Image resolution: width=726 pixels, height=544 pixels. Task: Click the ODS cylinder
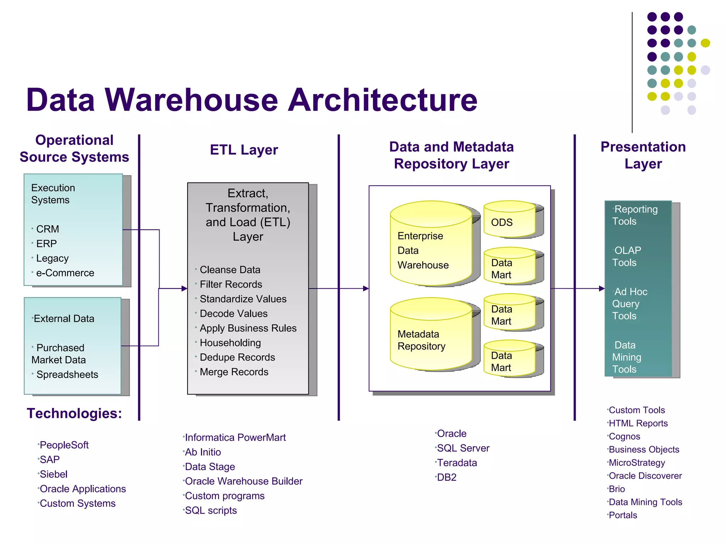pyautogui.click(x=509, y=220)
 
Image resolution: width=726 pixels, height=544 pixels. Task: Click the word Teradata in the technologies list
pyautogui.click(x=457, y=463)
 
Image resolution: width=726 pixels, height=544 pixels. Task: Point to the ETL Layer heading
pyautogui.click(x=244, y=150)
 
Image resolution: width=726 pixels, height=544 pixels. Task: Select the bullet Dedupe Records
pyautogui.click(x=237, y=357)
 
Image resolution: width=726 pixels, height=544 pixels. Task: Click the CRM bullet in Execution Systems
pyautogui.click(x=48, y=229)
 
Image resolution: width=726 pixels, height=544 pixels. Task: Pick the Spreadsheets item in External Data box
pyautogui.click(x=67, y=374)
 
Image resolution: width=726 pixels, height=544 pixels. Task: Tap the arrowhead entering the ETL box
pyautogui.click(x=184, y=289)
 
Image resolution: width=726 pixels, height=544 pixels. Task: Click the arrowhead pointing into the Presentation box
pyautogui.click(x=602, y=289)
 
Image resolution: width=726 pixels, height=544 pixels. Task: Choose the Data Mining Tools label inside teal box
pyautogui.click(x=627, y=357)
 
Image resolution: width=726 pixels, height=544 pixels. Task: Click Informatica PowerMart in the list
pyautogui.click(x=235, y=437)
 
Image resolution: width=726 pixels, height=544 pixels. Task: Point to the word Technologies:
pyautogui.click(x=74, y=413)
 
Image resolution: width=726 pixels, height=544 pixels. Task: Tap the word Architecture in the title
pyautogui.click(x=383, y=100)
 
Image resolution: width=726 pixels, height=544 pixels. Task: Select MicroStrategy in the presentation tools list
pyautogui.click(x=637, y=463)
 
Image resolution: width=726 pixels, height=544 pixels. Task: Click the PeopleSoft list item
pyautogui.click(x=64, y=445)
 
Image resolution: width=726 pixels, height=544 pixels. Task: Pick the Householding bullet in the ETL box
pyautogui.click(x=230, y=343)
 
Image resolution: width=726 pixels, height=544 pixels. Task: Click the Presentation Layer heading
pyautogui.click(x=643, y=155)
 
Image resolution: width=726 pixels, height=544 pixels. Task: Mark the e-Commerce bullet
pyautogui.click(x=65, y=273)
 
